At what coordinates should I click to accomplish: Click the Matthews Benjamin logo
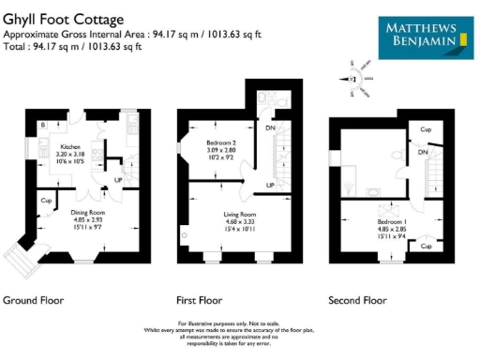click(x=425, y=36)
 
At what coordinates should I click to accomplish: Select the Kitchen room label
click(x=73, y=147)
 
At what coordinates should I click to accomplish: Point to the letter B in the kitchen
click(x=42, y=125)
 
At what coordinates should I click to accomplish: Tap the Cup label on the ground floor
click(x=46, y=200)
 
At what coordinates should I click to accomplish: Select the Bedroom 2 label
click(x=224, y=143)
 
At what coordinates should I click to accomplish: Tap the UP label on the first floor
click(x=270, y=186)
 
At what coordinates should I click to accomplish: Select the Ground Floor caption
click(x=34, y=301)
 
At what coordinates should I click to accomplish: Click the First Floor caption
click(x=199, y=301)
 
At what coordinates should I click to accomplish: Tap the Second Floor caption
click(x=357, y=301)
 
